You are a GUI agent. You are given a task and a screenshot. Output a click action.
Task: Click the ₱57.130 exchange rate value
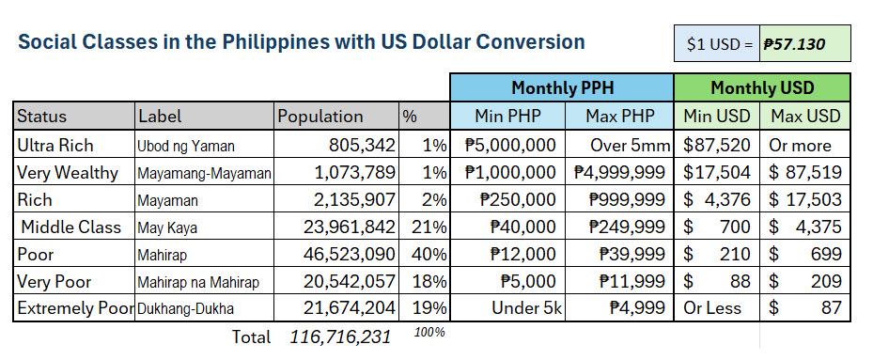pyautogui.click(x=794, y=43)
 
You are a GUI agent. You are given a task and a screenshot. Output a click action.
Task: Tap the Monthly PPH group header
pyautogui.click(x=562, y=88)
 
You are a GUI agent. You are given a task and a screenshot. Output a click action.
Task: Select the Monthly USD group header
pyautogui.click(x=762, y=88)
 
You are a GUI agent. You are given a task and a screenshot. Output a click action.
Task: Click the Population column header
pyautogui.click(x=320, y=116)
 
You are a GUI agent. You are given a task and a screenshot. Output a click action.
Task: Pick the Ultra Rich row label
pyautogui.click(x=55, y=146)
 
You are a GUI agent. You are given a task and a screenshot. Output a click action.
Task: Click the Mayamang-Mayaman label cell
pyautogui.click(x=204, y=174)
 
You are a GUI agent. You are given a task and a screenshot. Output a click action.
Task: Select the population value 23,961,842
pyautogui.click(x=350, y=227)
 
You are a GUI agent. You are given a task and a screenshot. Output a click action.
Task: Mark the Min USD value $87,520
pyautogui.click(x=717, y=146)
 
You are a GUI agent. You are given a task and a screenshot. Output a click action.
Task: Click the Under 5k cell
pyautogui.click(x=523, y=308)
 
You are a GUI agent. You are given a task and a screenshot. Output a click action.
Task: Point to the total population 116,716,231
pyautogui.click(x=340, y=337)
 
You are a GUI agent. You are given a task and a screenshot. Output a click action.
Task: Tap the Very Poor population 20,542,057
pyautogui.click(x=350, y=281)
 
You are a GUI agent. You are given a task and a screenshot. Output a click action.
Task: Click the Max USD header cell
pyautogui.click(x=805, y=116)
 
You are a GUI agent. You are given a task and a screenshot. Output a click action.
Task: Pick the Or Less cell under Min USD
pyautogui.click(x=712, y=308)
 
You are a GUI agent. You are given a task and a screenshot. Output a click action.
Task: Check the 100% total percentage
pyautogui.click(x=429, y=332)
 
